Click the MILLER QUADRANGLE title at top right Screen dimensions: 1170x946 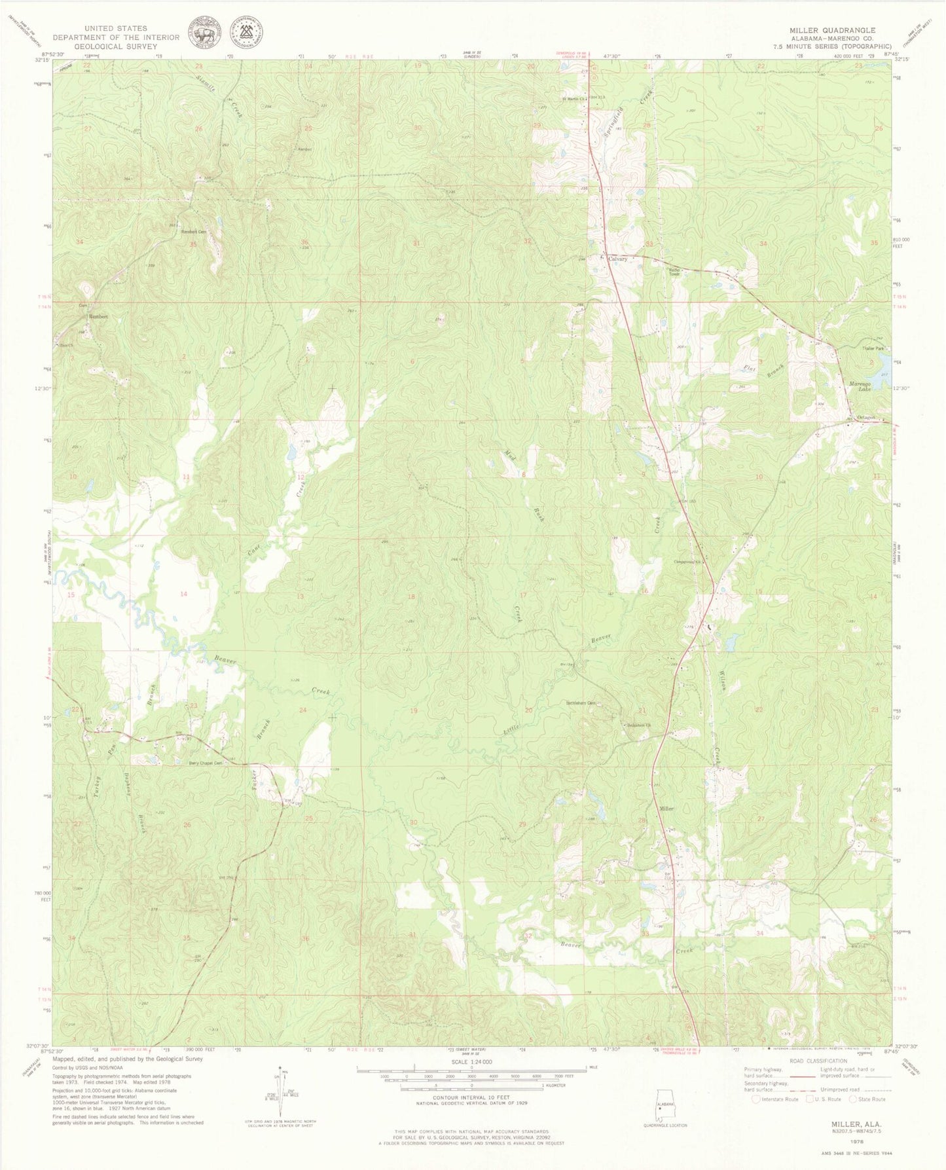[832, 30]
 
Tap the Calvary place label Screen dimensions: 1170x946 [617, 259]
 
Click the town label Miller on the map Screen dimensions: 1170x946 [666, 809]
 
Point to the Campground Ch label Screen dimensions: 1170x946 [688, 561]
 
